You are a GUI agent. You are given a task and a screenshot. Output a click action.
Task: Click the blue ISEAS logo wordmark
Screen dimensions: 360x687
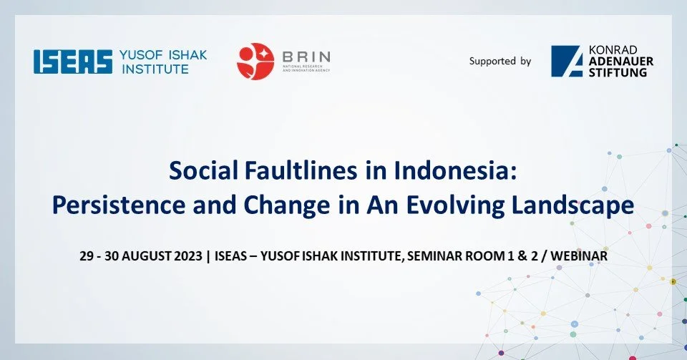pos(73,62)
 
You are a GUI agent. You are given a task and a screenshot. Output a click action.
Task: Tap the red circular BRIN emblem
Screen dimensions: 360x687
pos(255,61)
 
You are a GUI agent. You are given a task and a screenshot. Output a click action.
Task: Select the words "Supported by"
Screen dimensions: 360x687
pos(500,62)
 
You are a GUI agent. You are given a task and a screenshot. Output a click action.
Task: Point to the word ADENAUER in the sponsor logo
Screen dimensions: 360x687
pos(622,61)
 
